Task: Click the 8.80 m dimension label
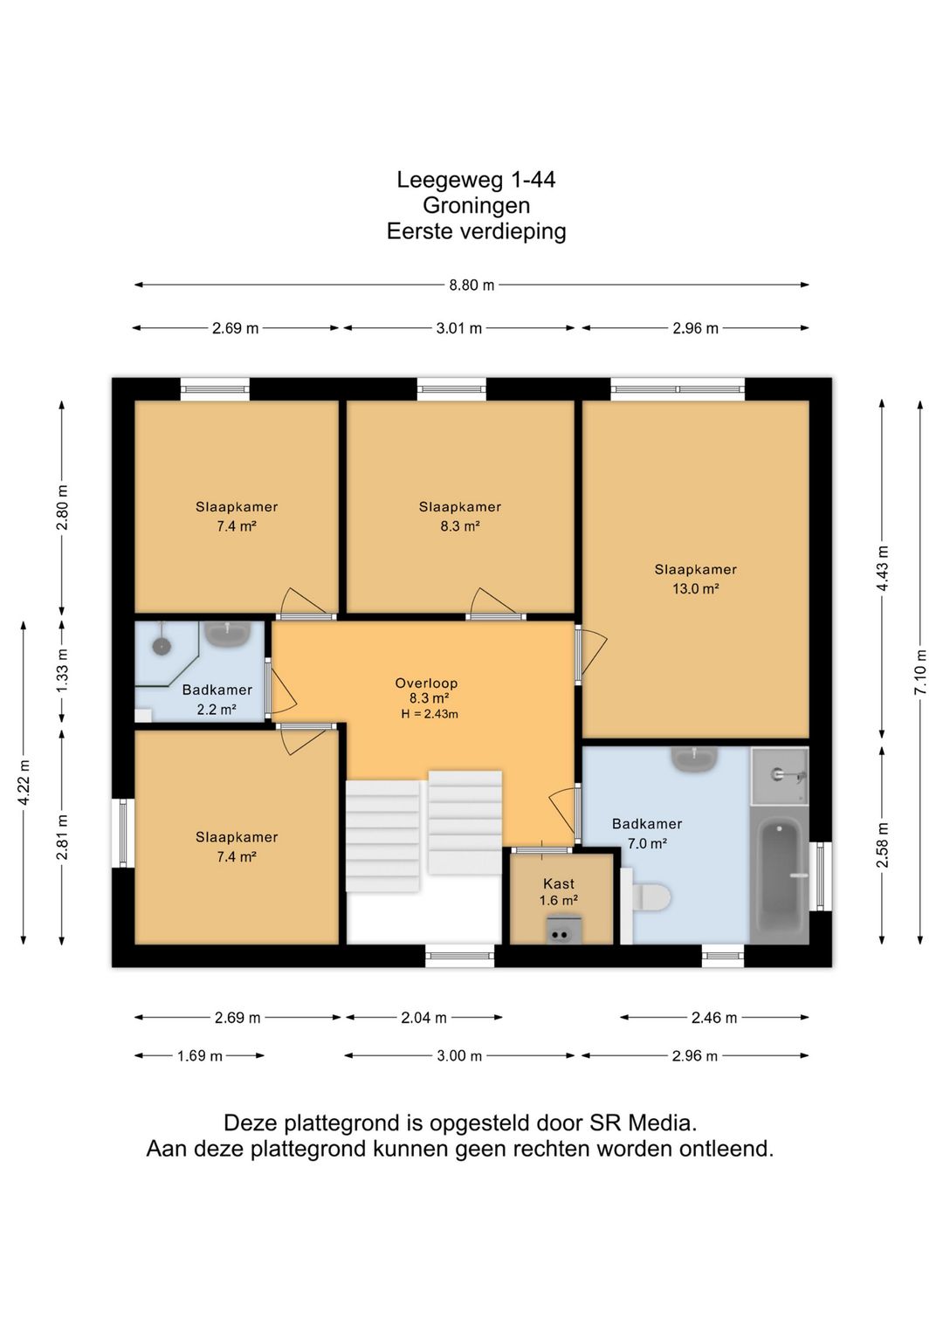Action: coord(471,285)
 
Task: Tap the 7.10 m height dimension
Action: coord(921,672)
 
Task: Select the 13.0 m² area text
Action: coord(696,588)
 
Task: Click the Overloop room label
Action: coord(426,683)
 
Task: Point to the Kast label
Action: coord(559,883)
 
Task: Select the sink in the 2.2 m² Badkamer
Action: coord(227,634)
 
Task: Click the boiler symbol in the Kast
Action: coord(560,934)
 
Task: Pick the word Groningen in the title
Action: coord(476,206)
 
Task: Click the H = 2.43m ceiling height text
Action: coord(429,714)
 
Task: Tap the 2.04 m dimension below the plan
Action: coord(423,1018)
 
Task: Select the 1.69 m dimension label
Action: coord(199,1056)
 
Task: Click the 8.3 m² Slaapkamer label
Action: coord(460,516)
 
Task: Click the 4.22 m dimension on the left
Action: coord(24,783)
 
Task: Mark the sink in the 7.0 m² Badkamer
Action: coord(694,759)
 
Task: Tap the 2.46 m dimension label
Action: coord(714,1018)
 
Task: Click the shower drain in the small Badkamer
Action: coord(162,645)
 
